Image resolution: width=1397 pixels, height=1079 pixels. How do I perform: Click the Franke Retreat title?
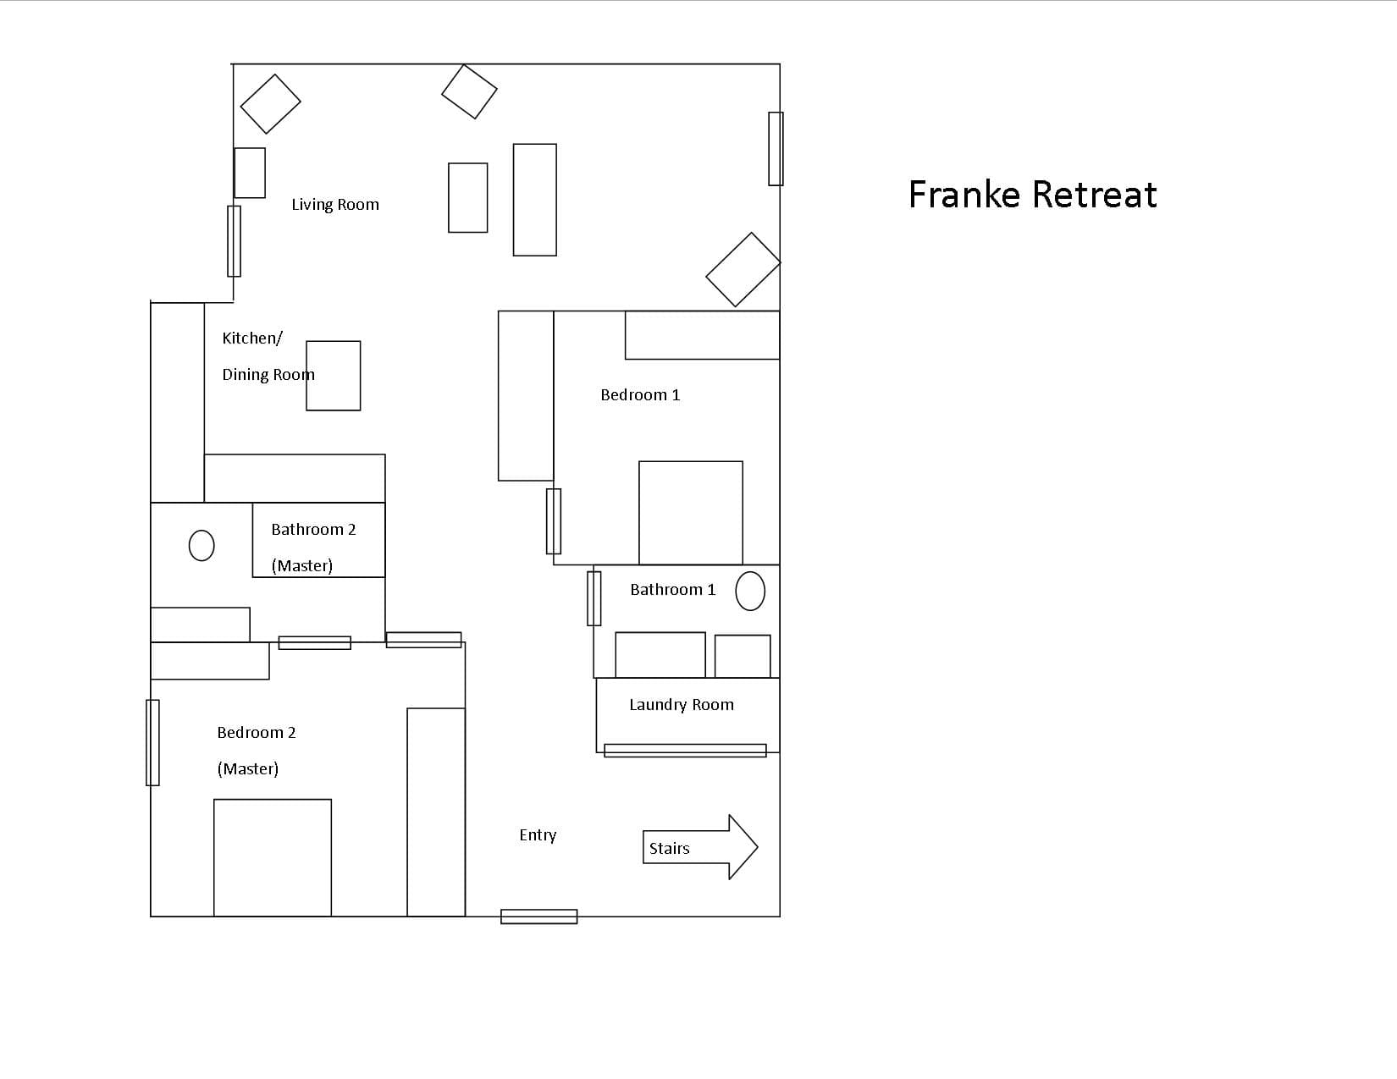[1032, 194]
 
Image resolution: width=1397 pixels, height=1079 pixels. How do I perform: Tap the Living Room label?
[335, 204]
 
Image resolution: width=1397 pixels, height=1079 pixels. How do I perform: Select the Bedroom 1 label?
[640, 394]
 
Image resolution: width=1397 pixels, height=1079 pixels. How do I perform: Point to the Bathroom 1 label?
[672, 589]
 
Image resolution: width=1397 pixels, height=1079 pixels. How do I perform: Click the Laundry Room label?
[682, 705]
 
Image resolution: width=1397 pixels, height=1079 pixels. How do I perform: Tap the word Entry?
[538, 834]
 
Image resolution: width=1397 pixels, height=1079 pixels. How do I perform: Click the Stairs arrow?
[700, 847]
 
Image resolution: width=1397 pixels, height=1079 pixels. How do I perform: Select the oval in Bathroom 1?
[750, 591]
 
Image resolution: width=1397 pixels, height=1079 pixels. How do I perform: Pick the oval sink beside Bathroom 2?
[202, 546]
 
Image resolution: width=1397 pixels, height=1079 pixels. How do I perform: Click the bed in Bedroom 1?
[691, 513]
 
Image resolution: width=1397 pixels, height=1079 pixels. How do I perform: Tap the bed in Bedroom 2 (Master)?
[273, 857]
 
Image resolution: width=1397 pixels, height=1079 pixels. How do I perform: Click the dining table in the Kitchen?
[333, 375]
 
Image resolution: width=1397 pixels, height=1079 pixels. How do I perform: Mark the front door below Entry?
[538, 917]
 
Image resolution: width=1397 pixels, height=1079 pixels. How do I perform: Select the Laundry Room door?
[685, 750]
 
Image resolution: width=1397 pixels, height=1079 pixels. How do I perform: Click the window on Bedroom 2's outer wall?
[152, 742]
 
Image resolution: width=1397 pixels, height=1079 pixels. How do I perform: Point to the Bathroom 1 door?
[594, 598]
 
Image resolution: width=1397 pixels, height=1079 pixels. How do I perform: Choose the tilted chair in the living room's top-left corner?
[271, 104]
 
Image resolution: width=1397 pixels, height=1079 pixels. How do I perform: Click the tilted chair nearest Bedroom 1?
[743, 269]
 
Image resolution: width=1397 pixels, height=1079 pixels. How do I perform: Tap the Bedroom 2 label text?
[257, 733]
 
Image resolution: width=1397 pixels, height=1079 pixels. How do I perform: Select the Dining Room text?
[268, 375]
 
